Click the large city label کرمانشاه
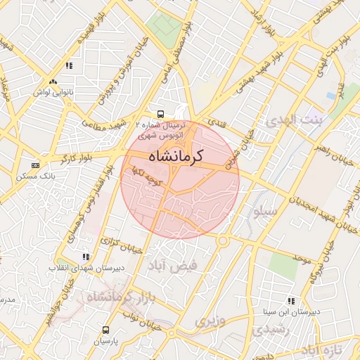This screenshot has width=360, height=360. [176, 155]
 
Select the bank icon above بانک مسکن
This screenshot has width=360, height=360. [35, 165]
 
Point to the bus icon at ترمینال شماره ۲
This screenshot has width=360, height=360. [161, 112]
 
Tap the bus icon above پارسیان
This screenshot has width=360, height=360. [105, 329]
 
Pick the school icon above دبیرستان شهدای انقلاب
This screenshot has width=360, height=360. [86, 257]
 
